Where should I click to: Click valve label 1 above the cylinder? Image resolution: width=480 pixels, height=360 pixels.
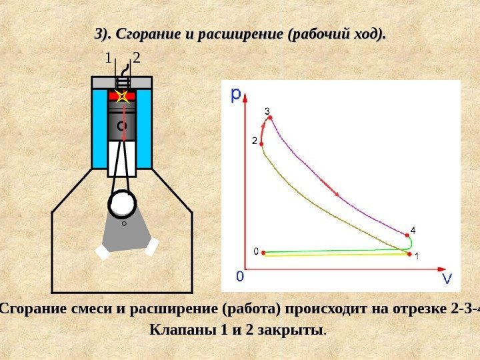(x=109, y=59)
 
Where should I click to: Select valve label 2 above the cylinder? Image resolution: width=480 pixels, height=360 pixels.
(x=137, y=59)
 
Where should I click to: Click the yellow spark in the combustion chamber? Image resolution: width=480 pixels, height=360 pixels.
(x=122, y=97)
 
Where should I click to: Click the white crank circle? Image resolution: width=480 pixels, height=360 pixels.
(x=123, y=204)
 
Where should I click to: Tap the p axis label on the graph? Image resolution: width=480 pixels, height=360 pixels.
(x=236, y=95)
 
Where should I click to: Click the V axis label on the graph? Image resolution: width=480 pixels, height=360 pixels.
(x=447, y=278)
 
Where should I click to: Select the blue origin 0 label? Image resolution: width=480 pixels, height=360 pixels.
(x=239, y=275)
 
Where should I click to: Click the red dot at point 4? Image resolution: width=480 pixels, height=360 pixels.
(x=406, y=235)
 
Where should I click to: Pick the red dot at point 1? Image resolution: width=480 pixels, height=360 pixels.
(x=408, y=253)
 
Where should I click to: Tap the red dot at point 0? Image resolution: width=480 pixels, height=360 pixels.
(x=264, y=253)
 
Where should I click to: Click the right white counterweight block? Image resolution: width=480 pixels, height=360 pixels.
(x=152, y=247)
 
